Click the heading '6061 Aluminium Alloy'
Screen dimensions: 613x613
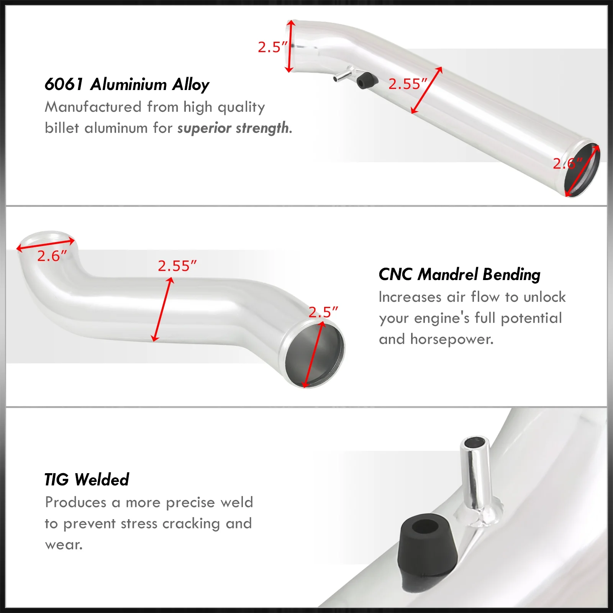(x=127, y=84)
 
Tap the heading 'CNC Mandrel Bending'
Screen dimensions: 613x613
(x=459, y=274)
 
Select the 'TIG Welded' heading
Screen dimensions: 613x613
(x=87, y=479)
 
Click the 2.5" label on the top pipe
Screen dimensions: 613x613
(x=272, y=47)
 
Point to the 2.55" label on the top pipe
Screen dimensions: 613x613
(x=408, y=84)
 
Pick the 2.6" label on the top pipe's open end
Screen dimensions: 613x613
(x=567, y=164)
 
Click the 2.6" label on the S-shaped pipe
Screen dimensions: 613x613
(x=52, y=256)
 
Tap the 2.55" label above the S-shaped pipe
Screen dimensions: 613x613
(x=177, y=266)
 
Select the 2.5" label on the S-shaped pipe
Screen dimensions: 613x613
(x=323, y=312)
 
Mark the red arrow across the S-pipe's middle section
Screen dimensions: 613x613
(x=162, y=310)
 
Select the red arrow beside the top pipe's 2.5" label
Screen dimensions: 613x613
(x=290, y=46)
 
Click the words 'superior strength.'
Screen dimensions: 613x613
(x=234, y=128)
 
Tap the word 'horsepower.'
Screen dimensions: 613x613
(x=452, y=339)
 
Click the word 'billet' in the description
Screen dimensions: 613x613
(x=62, y=128)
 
